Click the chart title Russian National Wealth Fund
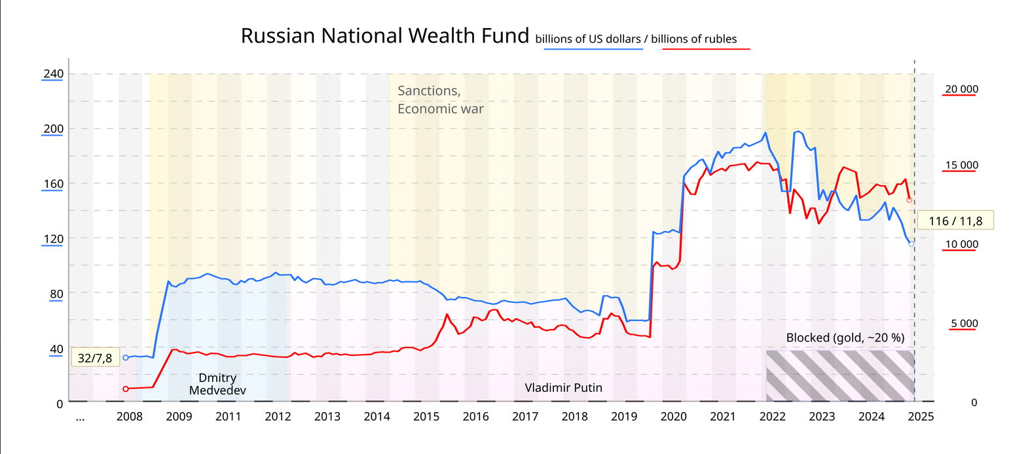384,35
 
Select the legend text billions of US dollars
588,39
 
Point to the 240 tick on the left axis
52,74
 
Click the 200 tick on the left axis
52,129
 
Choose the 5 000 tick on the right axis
964,323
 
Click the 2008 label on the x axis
129,416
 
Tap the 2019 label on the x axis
624,416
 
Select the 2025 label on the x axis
921,416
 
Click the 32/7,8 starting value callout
95,358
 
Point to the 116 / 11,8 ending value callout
955,221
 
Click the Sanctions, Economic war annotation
440,99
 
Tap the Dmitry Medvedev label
217,384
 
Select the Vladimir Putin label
563,388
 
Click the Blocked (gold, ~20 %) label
845,338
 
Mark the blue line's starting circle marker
126,358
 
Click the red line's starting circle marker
126,389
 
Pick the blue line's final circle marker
911,243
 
